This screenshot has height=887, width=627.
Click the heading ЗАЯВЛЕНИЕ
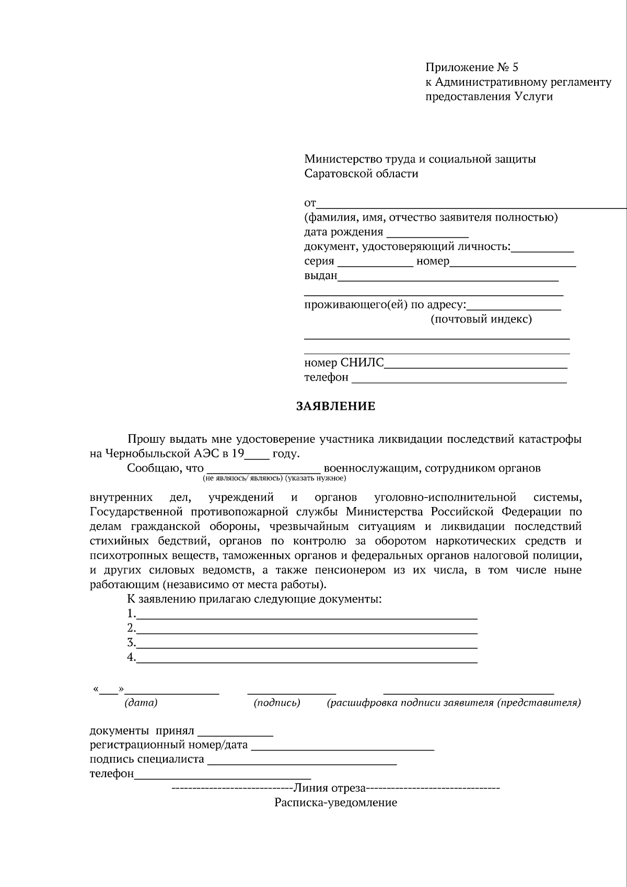[336, 406]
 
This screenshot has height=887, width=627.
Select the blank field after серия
[375, 262]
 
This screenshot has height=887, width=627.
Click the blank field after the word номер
[513, 262]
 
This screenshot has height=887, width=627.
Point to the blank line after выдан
[448, 277]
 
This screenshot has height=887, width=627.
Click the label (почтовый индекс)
[481, 319]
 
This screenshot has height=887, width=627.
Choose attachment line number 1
[307, 615]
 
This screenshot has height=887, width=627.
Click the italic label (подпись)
[277, 703]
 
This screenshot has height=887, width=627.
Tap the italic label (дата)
[141, 703]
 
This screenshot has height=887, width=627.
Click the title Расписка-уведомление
[336, 802]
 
